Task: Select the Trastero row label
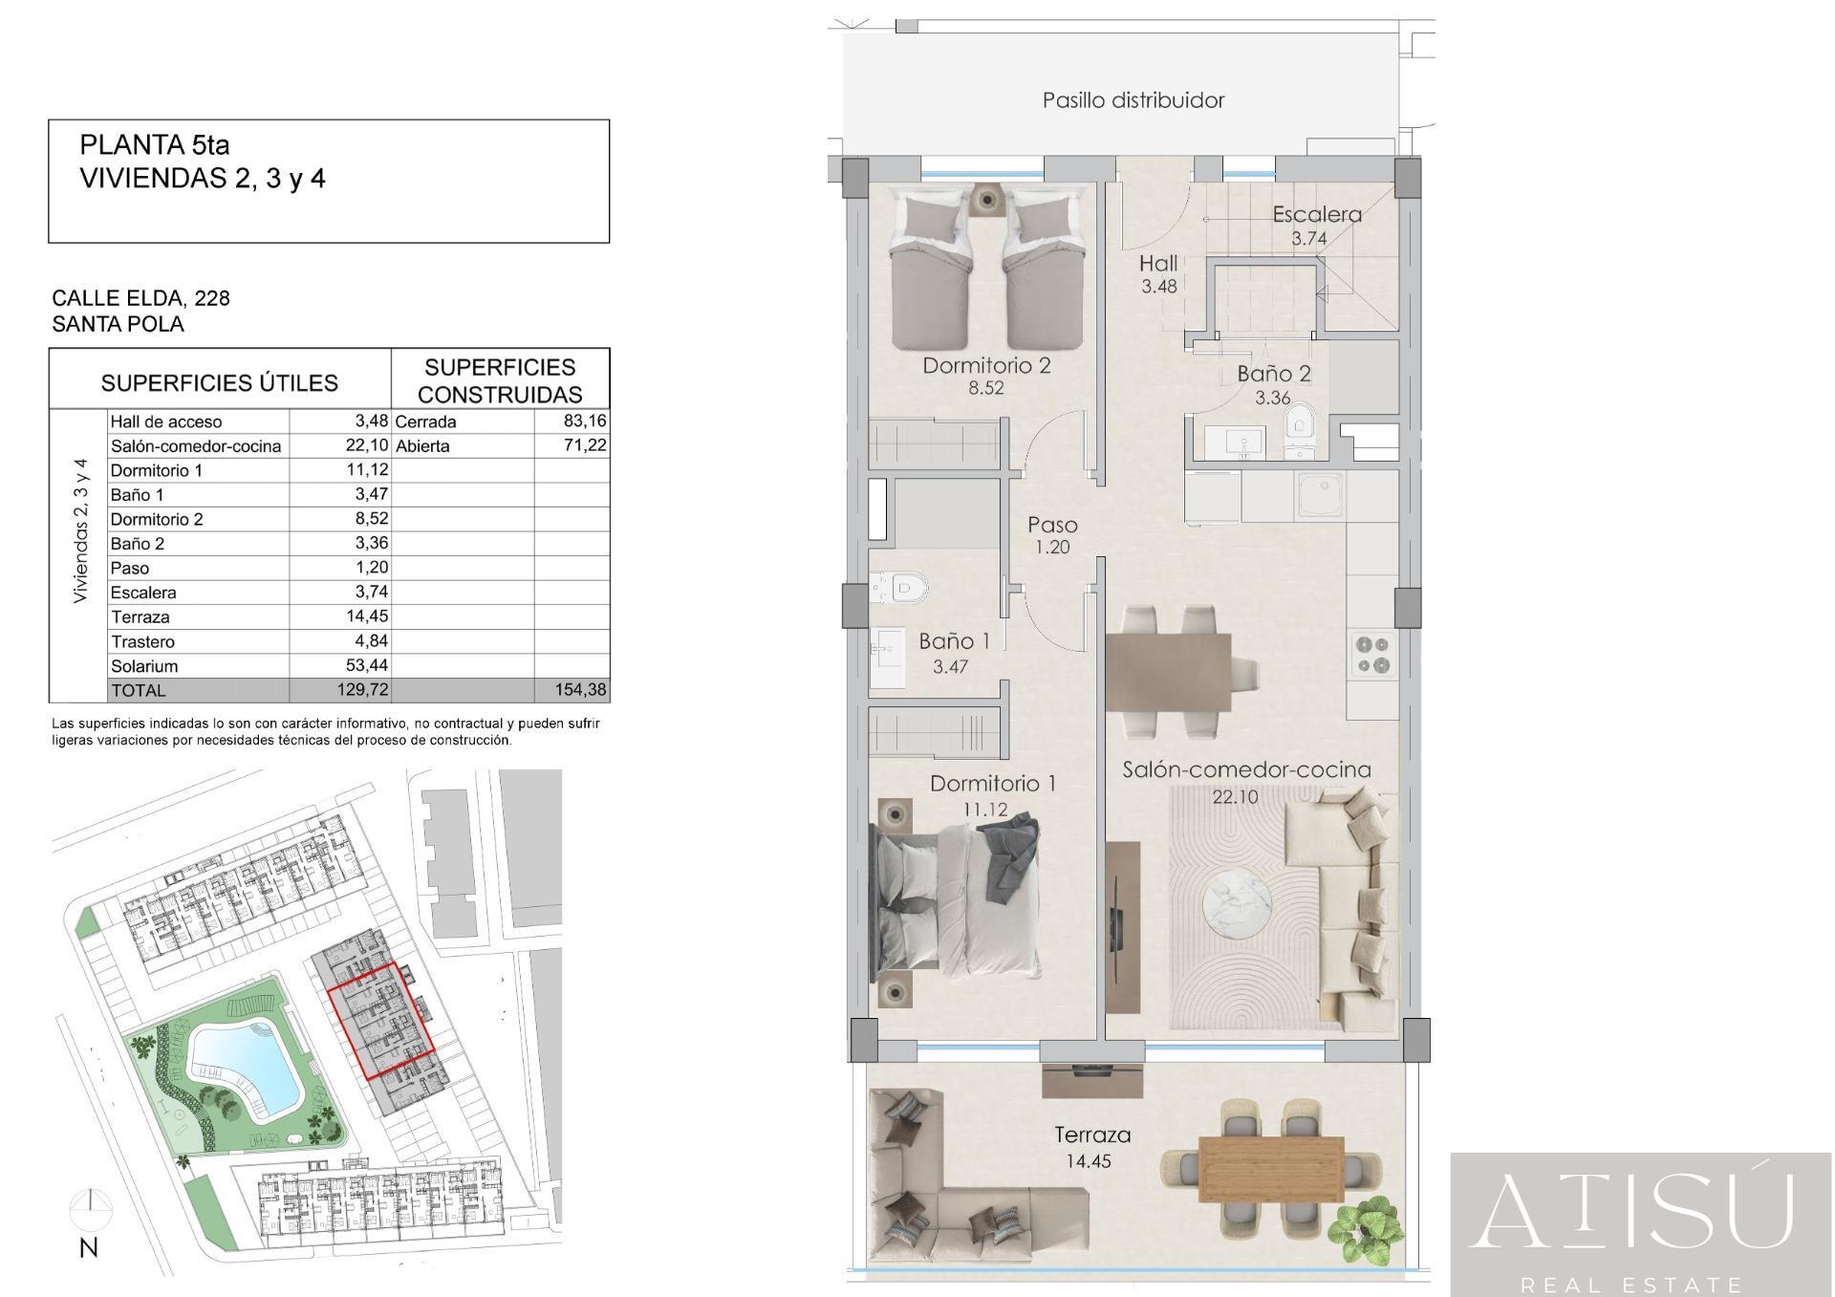pyautogui.click(x=142, y=641)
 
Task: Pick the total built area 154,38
pyautogui.click(x=581, y=690)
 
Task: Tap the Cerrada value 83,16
pyautogui.click(x=585, y=421)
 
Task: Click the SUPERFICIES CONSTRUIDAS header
pyautogui.click(x=500, y=380)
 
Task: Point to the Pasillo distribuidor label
pyautogui.click(x=1133, y=100)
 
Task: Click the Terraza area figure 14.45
pyautogui.click(x=1090, y=1161)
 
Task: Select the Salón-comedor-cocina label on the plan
pyautogui.click(x=1246, y=769)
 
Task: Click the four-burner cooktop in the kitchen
pyautogui.click(x=1373, y=655)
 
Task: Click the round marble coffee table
pyautogui.click(x=1238, y=903)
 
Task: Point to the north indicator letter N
pyautogui.click(x=89, y=1247)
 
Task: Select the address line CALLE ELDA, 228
pyautogui.click(x=140, y=298)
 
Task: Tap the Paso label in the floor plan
pyautogui.click(x=1052, y=525)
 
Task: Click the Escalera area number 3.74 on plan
pyautogui.click(x=1309, y=239)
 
